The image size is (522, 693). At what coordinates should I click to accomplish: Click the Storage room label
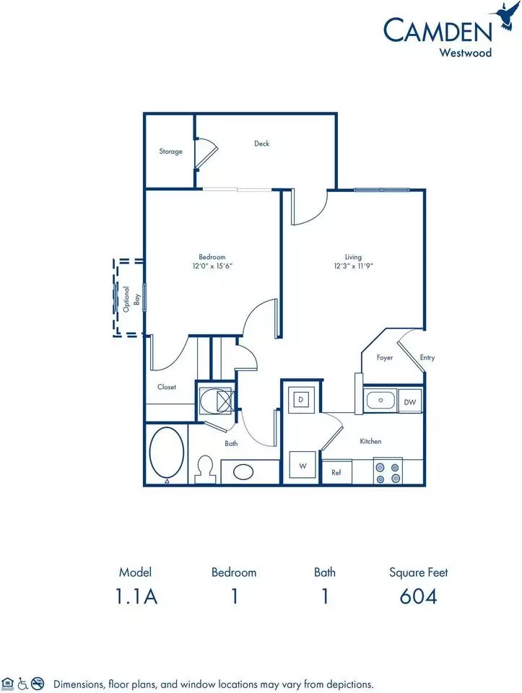pos(170,151)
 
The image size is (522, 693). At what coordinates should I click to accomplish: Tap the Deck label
pos(261,143)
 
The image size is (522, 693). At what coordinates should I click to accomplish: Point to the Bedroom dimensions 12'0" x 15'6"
pos(212,266)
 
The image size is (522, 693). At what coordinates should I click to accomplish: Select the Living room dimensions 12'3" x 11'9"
pos(354,266)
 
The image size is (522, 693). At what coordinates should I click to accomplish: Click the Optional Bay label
pos(131,299)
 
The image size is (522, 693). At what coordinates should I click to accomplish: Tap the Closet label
pos(167,387)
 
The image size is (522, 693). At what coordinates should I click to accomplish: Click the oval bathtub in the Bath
pos(167,453)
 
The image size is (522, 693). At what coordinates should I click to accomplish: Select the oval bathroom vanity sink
pos(243,471)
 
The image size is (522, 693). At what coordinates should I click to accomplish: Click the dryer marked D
pos(301,399)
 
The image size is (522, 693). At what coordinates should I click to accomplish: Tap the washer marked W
pos(303,466)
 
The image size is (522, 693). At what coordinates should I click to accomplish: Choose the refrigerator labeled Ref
pos(336,472)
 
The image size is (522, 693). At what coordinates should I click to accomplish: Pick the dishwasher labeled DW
pos(410,402)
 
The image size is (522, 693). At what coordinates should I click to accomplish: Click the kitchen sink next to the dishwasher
pos(380,401)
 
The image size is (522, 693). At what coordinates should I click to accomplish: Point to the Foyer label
pos(385,357)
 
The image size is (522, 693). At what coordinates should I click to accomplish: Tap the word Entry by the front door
pos(427,357)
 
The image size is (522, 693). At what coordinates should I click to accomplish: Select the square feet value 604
pos(418,596)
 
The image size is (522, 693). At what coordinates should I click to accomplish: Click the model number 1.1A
pos(136,596)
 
